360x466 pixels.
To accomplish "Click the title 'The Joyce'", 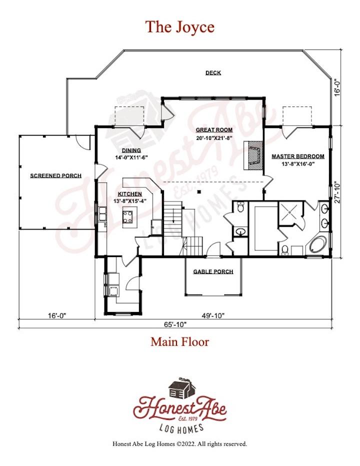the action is [179, 26].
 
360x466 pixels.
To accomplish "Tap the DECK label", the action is [213, 73].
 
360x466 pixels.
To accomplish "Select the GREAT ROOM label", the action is [214, 130].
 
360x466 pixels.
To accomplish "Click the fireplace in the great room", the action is [253, 155].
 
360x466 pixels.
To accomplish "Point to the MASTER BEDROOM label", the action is [298, 156].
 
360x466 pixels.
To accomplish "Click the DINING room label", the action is [131, 150].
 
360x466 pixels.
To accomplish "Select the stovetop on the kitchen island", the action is [128, 216].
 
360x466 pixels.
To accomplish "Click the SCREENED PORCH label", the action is [56, 175].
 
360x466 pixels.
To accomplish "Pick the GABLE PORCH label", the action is [213, 271].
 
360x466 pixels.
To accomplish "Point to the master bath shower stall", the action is [290, 213].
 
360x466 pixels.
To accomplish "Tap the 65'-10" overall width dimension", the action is [175, 324].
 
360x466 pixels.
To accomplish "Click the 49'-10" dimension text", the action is [213, 315].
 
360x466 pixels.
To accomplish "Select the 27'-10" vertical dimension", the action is [337, 192].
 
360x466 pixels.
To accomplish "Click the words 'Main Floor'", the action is [180, 342].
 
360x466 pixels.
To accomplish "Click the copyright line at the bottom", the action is [179, 444].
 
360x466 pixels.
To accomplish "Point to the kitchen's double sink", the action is [102, 213].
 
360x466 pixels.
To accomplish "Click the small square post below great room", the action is [200, 191].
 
